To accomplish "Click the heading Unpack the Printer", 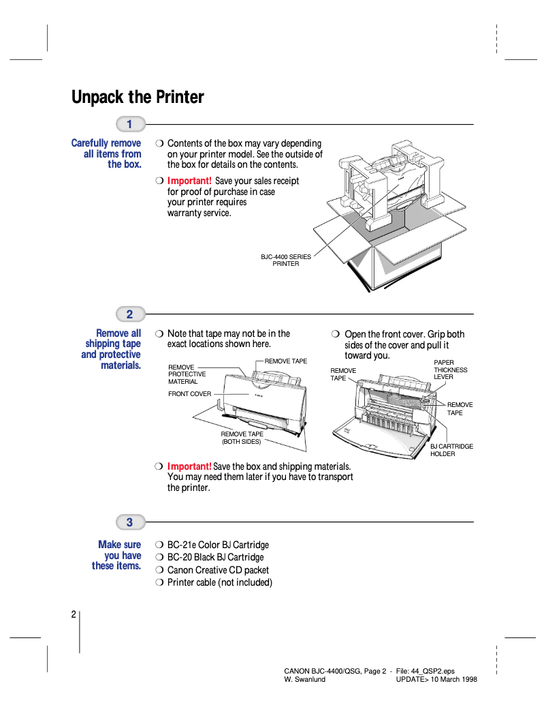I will pos(138,97).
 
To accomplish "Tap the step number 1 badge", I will pos(130,124).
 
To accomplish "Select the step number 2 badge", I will pos(130,314).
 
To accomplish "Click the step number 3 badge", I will pos(130,522).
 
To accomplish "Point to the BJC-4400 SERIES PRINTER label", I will pos(286,260).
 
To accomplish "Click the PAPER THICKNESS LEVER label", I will pos(450,370).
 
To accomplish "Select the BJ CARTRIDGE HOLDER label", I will pos(451,450).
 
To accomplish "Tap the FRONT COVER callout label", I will pos(190,394).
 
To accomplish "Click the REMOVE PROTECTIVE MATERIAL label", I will pos(187,374).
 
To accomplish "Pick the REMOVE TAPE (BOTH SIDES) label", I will pos(242,438).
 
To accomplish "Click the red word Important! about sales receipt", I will pos(189,181).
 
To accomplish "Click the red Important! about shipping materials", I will pos(189,466).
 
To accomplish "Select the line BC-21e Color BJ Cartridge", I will pos(218,545).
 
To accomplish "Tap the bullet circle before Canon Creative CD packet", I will pos(159,570).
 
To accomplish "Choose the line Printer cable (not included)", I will pos(219,582).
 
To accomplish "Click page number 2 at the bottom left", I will pos(73,614).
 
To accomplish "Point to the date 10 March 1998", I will pos(453,680).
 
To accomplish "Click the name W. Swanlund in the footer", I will pos(304,680).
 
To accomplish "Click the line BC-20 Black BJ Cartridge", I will pos(215,557).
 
